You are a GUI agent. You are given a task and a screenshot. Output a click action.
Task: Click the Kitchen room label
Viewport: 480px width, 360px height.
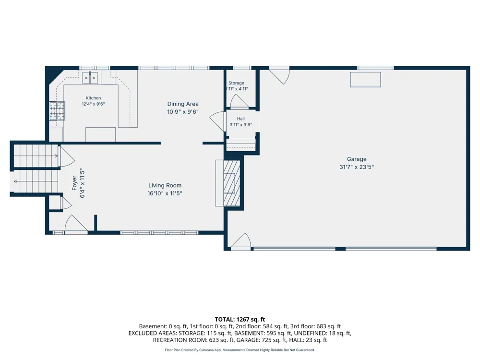pos(93,98)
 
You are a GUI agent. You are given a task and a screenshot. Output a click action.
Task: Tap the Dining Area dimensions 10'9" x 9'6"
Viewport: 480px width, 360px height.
pos(183,112)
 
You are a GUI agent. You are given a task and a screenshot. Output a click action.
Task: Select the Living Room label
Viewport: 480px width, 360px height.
pos(165,185)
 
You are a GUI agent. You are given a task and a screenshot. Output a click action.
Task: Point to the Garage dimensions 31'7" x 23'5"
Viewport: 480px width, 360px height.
pos(357,167)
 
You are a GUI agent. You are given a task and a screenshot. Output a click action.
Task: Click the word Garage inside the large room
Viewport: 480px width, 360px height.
pos(357,159)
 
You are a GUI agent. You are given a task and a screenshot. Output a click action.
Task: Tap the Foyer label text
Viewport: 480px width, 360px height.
pos(74,183)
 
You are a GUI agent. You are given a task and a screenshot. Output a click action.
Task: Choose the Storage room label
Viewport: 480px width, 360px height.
pos(236,83)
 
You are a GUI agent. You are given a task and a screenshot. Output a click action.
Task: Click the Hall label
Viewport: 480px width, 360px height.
pos(240,119)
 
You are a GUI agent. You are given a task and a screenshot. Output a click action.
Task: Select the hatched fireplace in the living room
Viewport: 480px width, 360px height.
pos(231,183)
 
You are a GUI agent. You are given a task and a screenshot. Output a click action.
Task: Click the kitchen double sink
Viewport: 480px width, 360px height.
pos(90,78)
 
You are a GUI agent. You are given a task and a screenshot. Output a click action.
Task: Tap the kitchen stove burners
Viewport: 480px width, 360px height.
pos(57,111)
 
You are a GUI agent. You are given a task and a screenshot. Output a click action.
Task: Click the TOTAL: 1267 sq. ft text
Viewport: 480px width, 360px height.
pos(240,320)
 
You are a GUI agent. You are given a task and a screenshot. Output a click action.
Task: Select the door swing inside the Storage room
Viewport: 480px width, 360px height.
pos(238,101)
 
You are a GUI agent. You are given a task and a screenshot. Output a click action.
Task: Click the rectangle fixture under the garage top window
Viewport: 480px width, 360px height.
pos(365,80)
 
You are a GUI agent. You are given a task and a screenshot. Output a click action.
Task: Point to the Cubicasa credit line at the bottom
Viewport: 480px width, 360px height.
pos(240,350)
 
